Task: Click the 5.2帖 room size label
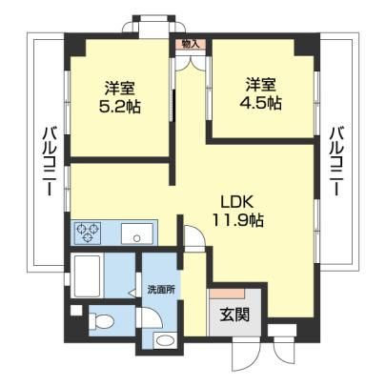120,107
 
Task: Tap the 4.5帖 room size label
260,103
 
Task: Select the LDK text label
237,201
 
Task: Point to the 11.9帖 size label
237,220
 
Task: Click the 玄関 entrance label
235,315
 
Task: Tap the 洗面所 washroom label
161,290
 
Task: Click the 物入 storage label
191,44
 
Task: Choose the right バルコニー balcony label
336,161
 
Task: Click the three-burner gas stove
88,233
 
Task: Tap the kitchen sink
137,234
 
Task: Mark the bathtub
87,275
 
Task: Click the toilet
101,321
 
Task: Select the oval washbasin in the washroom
165,340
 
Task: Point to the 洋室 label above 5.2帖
120,88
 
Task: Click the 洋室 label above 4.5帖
261,84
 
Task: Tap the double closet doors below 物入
191,63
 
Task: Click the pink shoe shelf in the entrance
227,294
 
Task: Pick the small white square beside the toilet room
76,311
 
